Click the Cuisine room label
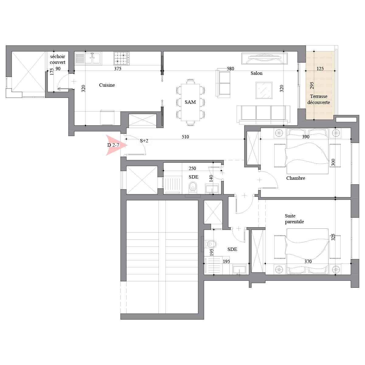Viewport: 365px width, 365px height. click(107, 85)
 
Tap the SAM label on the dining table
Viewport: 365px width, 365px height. click(190, 102)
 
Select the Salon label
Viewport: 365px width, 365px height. click(256, 73)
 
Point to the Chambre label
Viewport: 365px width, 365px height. click(295, 178)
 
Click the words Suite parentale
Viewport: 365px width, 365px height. click(294, 219)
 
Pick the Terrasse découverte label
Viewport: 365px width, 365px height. click(318, 99)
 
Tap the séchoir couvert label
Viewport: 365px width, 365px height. click(57, 59)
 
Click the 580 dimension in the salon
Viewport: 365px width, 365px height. click(230, 68)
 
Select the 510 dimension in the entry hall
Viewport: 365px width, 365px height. click(185, 137)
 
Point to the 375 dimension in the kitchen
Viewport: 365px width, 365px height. click(118, 68)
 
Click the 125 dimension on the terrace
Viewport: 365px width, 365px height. click(320, 68)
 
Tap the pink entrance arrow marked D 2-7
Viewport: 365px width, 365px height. click(116, 145)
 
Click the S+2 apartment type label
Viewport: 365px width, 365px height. click(144, 141)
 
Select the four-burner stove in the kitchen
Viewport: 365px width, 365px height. click(122, 58)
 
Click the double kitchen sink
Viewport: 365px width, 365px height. click(92, 58)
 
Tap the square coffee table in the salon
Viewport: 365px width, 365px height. click(264, 90)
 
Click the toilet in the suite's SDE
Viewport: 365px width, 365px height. click(210, 244)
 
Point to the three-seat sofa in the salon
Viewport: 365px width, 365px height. click(263, 114)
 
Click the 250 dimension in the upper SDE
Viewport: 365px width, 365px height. click(192, 169)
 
